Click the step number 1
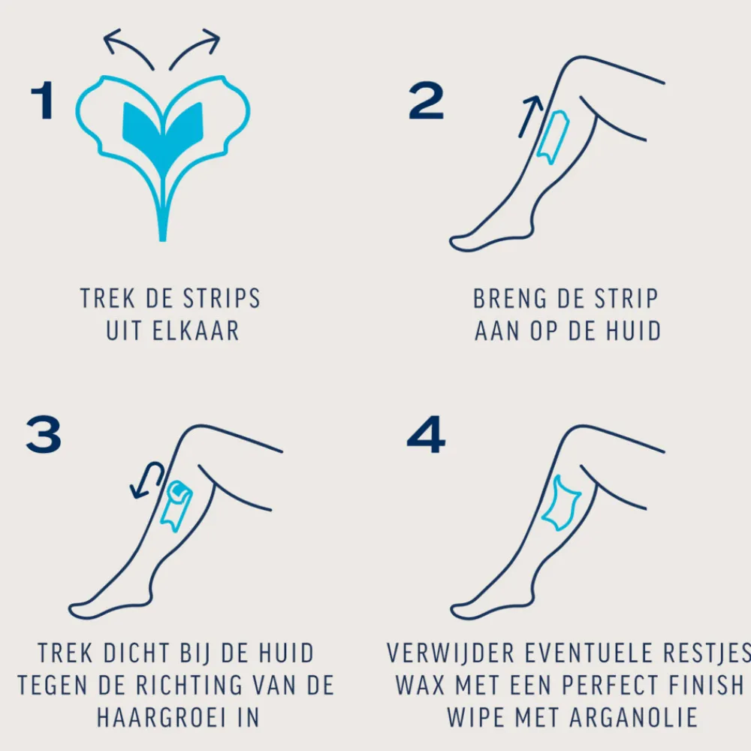[42, 101]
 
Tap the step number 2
[426, 101]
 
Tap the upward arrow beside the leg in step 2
[531, 116]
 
